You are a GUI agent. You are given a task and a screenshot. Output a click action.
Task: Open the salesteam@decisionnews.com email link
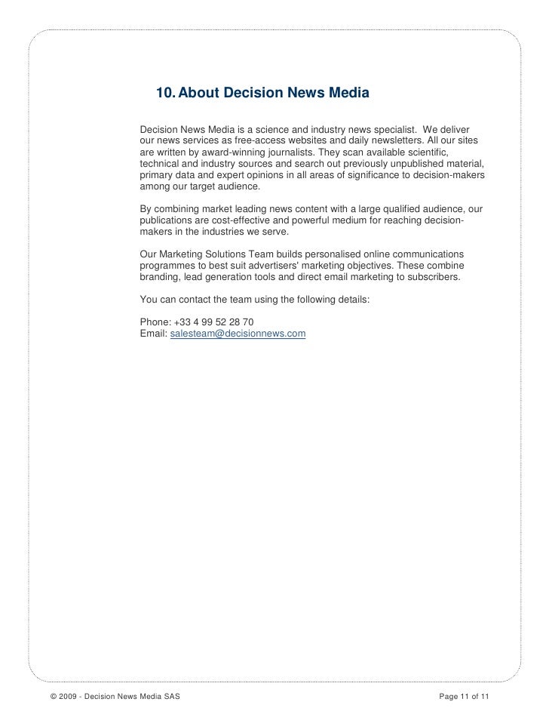coord(234,333)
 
